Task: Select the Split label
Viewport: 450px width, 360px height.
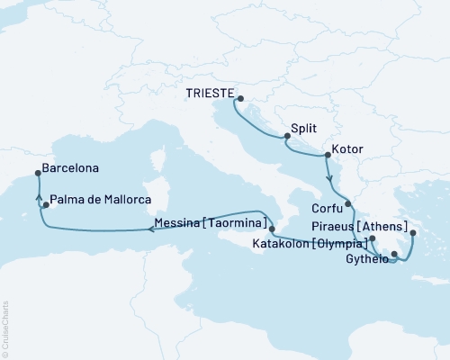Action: [304, 129]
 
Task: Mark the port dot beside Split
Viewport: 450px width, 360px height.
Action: [286, 137]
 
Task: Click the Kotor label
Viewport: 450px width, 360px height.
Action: [347, 147]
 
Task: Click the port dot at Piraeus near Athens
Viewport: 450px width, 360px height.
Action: [412, 234]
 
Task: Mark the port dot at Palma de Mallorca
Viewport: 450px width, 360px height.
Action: [45, 205]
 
